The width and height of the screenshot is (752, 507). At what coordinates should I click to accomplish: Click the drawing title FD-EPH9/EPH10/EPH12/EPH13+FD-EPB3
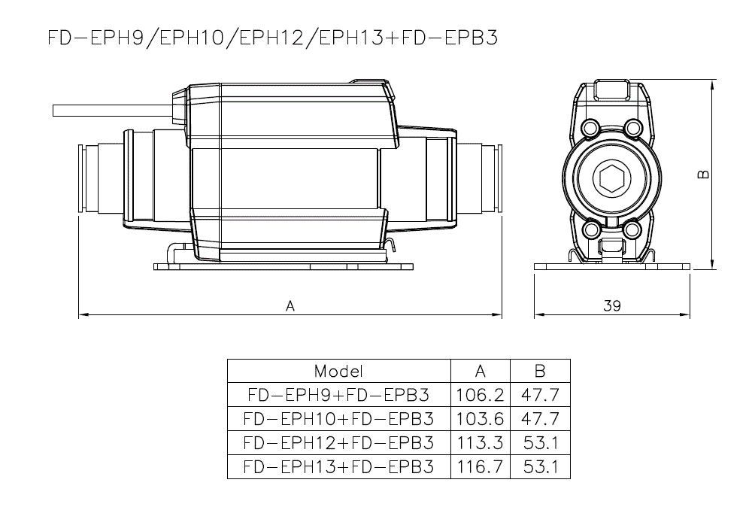tap(272, 38)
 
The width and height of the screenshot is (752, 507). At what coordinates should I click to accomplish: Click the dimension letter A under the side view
tap(290, 305)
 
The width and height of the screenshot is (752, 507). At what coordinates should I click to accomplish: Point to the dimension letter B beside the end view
tap(703, 174)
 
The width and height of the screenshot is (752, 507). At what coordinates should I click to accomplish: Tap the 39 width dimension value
tap(612, 305)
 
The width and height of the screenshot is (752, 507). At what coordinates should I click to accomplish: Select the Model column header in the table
tap(338, 371)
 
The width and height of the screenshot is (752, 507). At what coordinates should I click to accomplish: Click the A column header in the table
tap(481, 371)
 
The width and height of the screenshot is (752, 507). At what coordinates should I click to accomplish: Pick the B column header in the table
tap(540, 371)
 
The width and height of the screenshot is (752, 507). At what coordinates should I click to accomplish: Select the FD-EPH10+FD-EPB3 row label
tap(338, 418)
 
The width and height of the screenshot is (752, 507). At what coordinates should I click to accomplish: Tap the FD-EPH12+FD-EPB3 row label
tap(338, 442)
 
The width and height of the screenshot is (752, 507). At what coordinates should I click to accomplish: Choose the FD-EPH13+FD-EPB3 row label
tap(338, 466)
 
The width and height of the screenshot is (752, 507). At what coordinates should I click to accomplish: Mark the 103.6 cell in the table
tap(481, 418)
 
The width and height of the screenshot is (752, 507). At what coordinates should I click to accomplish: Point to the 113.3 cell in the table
tap(481, 442)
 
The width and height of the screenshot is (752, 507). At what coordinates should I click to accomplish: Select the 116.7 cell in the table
tap(481, 466)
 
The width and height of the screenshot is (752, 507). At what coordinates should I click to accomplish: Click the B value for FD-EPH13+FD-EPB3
tap(541, 466)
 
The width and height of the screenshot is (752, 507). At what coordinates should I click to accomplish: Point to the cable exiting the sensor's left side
tap(113, 111)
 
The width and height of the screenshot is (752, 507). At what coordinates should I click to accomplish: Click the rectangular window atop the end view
tap(611, 91)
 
